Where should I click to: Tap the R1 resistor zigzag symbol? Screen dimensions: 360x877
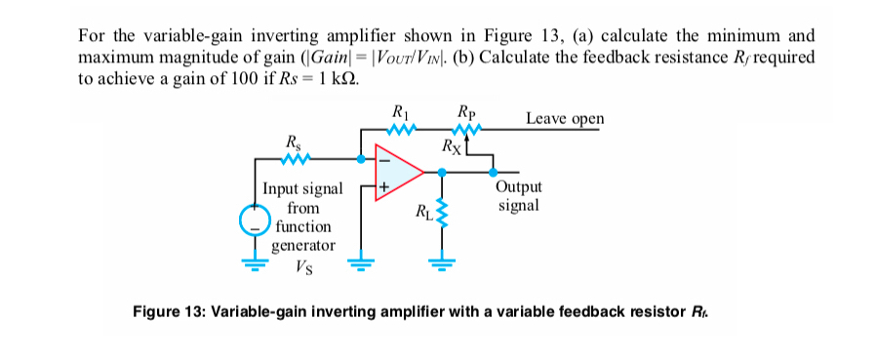coord(402,125)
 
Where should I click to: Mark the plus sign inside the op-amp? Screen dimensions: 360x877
coord(383,185)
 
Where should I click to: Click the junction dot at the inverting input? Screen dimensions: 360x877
coord(363,156)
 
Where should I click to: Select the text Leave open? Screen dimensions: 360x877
coord(564,119)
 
